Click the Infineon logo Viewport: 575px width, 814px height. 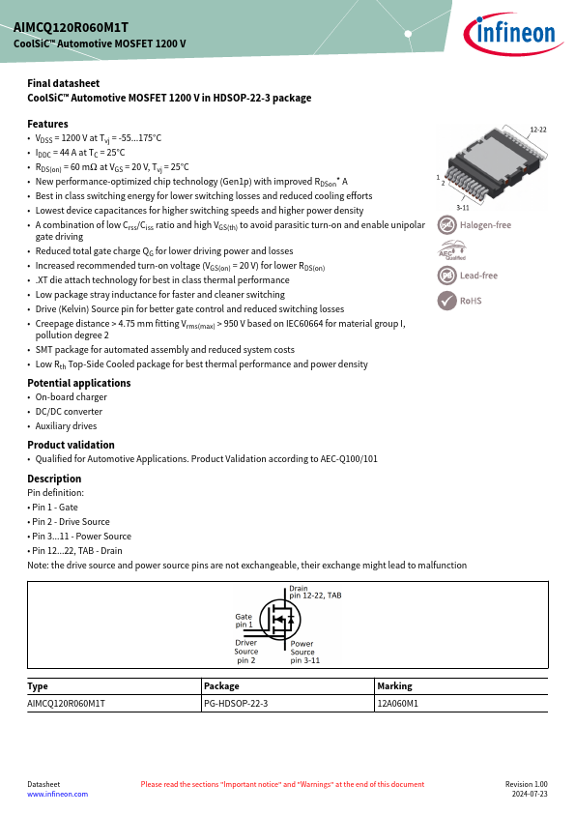point(513,34)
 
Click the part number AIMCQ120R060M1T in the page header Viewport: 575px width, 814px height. point(72,27)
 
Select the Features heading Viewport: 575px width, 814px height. point(47,124)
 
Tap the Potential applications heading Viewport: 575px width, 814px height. point(79,383)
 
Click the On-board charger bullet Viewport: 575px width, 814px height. point(72,397)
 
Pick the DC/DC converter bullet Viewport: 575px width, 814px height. point(69,412)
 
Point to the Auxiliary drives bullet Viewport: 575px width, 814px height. point(66,426)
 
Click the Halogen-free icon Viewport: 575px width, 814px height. point(446,225)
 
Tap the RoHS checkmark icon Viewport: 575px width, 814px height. point(446,301)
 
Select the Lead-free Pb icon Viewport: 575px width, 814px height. point(446,276)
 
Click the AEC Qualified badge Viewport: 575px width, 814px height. point(452,250)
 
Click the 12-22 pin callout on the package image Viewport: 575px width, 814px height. point(538,130)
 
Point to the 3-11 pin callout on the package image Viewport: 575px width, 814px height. point(462,208)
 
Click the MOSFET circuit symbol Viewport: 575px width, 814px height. point(279,619)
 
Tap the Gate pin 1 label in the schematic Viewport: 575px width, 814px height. point(244,621)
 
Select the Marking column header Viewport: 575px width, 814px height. point(394,686)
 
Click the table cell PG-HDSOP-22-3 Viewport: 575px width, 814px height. point(236,704)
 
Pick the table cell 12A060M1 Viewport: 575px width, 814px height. point(397,704)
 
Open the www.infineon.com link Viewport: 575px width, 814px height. point(58,795)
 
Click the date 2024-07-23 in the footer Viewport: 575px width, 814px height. point(530,795)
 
